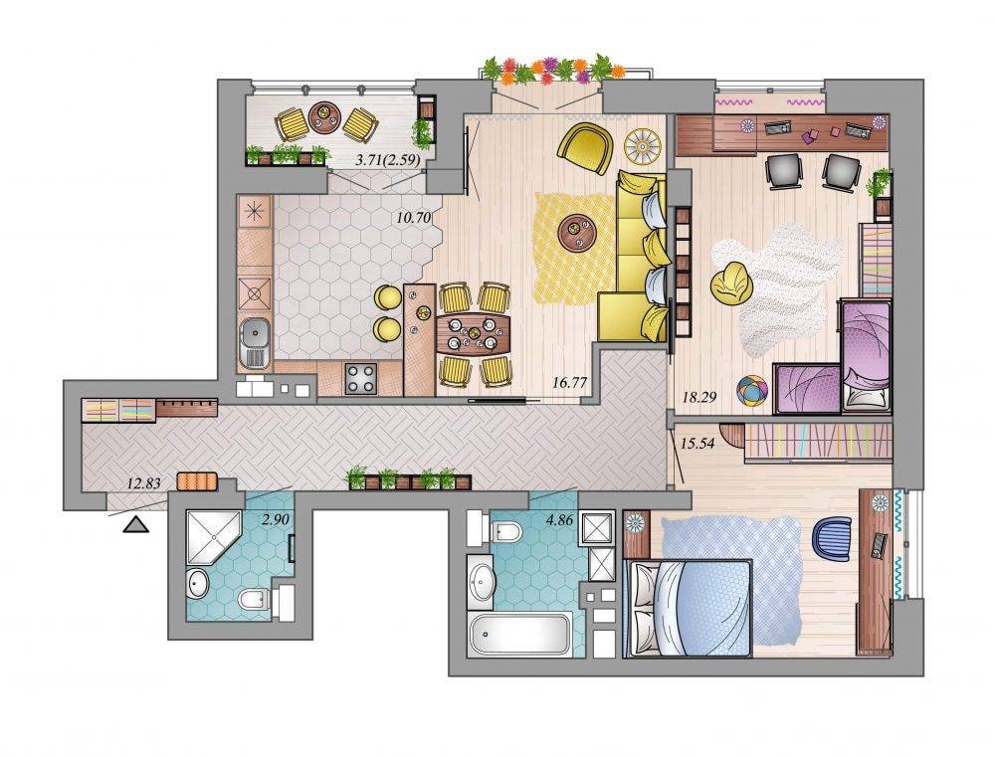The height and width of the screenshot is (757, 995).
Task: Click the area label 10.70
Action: click(x=414, y=218)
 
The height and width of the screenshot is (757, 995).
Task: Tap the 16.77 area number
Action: click(x=569, y=382)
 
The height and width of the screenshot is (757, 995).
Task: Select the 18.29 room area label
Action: click(x=699, y=397)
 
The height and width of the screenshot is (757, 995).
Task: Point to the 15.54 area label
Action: click(x=697, y=443)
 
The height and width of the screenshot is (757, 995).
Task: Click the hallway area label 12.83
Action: click(x=144, y=482)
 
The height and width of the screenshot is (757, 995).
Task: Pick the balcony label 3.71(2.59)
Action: click(x=388, y=160)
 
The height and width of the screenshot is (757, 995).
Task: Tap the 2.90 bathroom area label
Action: click(x=276, y=519)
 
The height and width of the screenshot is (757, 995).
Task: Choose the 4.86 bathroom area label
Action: click(x=559, y=519)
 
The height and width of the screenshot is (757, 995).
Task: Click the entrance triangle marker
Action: click(x=137, y=524)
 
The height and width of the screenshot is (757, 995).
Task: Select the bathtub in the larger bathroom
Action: click(x=519, y=634)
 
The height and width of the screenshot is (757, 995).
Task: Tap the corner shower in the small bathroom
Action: click(x=212, y=536)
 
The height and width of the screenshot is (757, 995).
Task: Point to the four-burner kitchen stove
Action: click(x=360, y=378)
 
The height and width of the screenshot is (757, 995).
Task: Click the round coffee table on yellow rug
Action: click(x=577, y=234)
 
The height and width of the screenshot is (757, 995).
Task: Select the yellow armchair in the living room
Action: click(x=586, y=148)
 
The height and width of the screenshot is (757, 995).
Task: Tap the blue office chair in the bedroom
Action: click(x=833, y=538)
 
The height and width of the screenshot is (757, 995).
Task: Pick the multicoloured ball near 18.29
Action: click(x=752, y=390)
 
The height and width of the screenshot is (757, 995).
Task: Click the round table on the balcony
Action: click(x=324, y=117)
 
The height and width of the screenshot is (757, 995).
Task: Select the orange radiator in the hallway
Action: click(x=197, y=481)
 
